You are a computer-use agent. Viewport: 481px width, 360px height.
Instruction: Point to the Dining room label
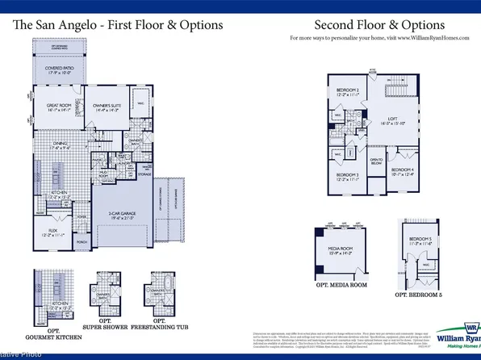click(x=48, y=147)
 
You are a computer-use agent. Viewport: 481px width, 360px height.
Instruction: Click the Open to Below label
click(x=376, y=161)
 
